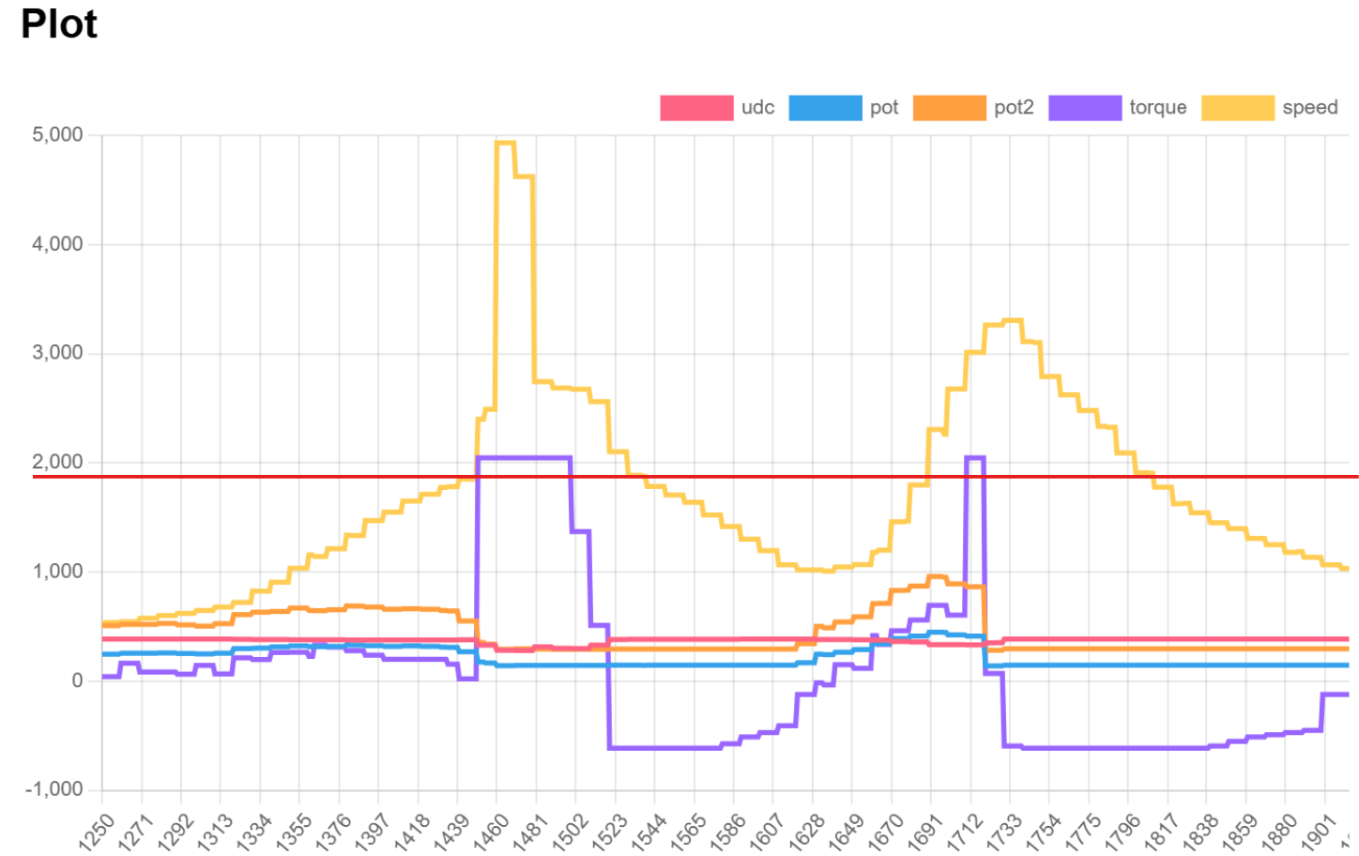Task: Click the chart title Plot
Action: tap(58, 24)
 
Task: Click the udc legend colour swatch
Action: tap(695, 108)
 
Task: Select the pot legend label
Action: tap(883, 108)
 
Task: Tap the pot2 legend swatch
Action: tap(949, 108)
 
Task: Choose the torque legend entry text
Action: tap(1157, 108)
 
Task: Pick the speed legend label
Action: tap(1309, 108)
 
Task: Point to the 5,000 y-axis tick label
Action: tap(57, 135)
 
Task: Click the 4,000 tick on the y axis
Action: tap(57, 244)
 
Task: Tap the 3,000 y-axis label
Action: tap(57, 353)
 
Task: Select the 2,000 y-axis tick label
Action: tap(57, 462)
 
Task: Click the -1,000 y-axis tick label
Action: tap(54, 789)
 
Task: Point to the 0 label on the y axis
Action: tap(77, 680)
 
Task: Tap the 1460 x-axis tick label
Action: tap(491, 832)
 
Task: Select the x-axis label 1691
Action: tap(924, 832)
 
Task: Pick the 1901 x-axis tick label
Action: tap(1319, 832)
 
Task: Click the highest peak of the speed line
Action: tap(505, 143)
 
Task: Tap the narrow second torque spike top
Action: tap(974, 458)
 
